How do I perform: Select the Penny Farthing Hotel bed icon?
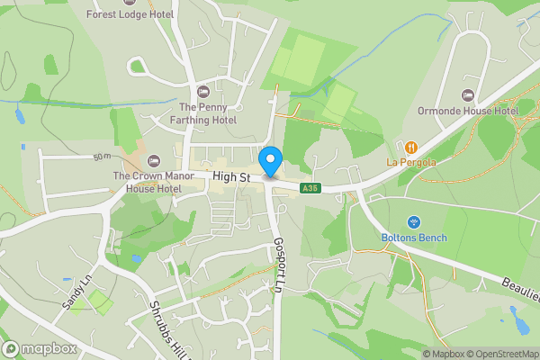[202, 92]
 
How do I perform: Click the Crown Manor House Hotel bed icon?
[152, 161]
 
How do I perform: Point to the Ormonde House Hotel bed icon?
[467, 95]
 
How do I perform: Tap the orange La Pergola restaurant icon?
[411, 147]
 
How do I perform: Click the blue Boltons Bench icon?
[414, 221]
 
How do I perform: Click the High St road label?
[231, 177]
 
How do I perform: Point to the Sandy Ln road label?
[76, 292]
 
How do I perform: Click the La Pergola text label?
[411, 162]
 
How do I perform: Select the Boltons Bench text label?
[414, 238]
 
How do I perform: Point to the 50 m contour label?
[101, 158]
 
